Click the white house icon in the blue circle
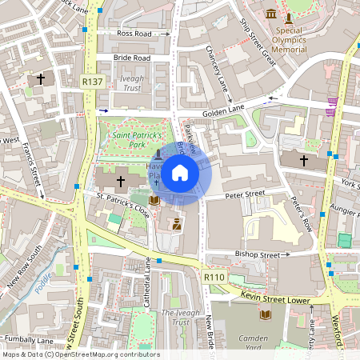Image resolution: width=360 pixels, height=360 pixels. point(179,172)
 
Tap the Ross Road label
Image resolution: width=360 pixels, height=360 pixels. point(134,34)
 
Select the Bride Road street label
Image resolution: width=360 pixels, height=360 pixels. point(131,58)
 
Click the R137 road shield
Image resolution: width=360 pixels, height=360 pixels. point(93,82)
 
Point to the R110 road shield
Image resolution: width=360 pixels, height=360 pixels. point(214,277)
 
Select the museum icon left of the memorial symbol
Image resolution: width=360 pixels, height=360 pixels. point(272,14)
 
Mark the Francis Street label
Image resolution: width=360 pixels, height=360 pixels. point(32,169)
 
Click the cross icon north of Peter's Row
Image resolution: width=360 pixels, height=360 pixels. point(304,161)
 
